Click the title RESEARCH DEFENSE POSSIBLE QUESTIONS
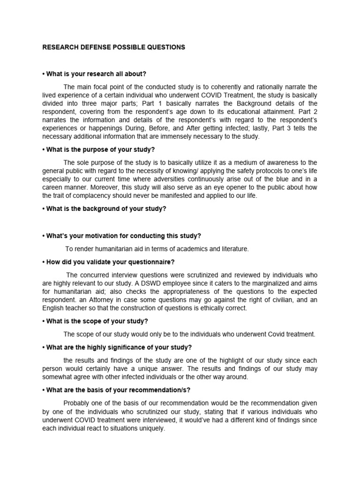(114, 47)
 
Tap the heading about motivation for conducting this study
(123, 236)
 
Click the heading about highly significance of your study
(117, 347)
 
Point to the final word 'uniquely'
(151, 428)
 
